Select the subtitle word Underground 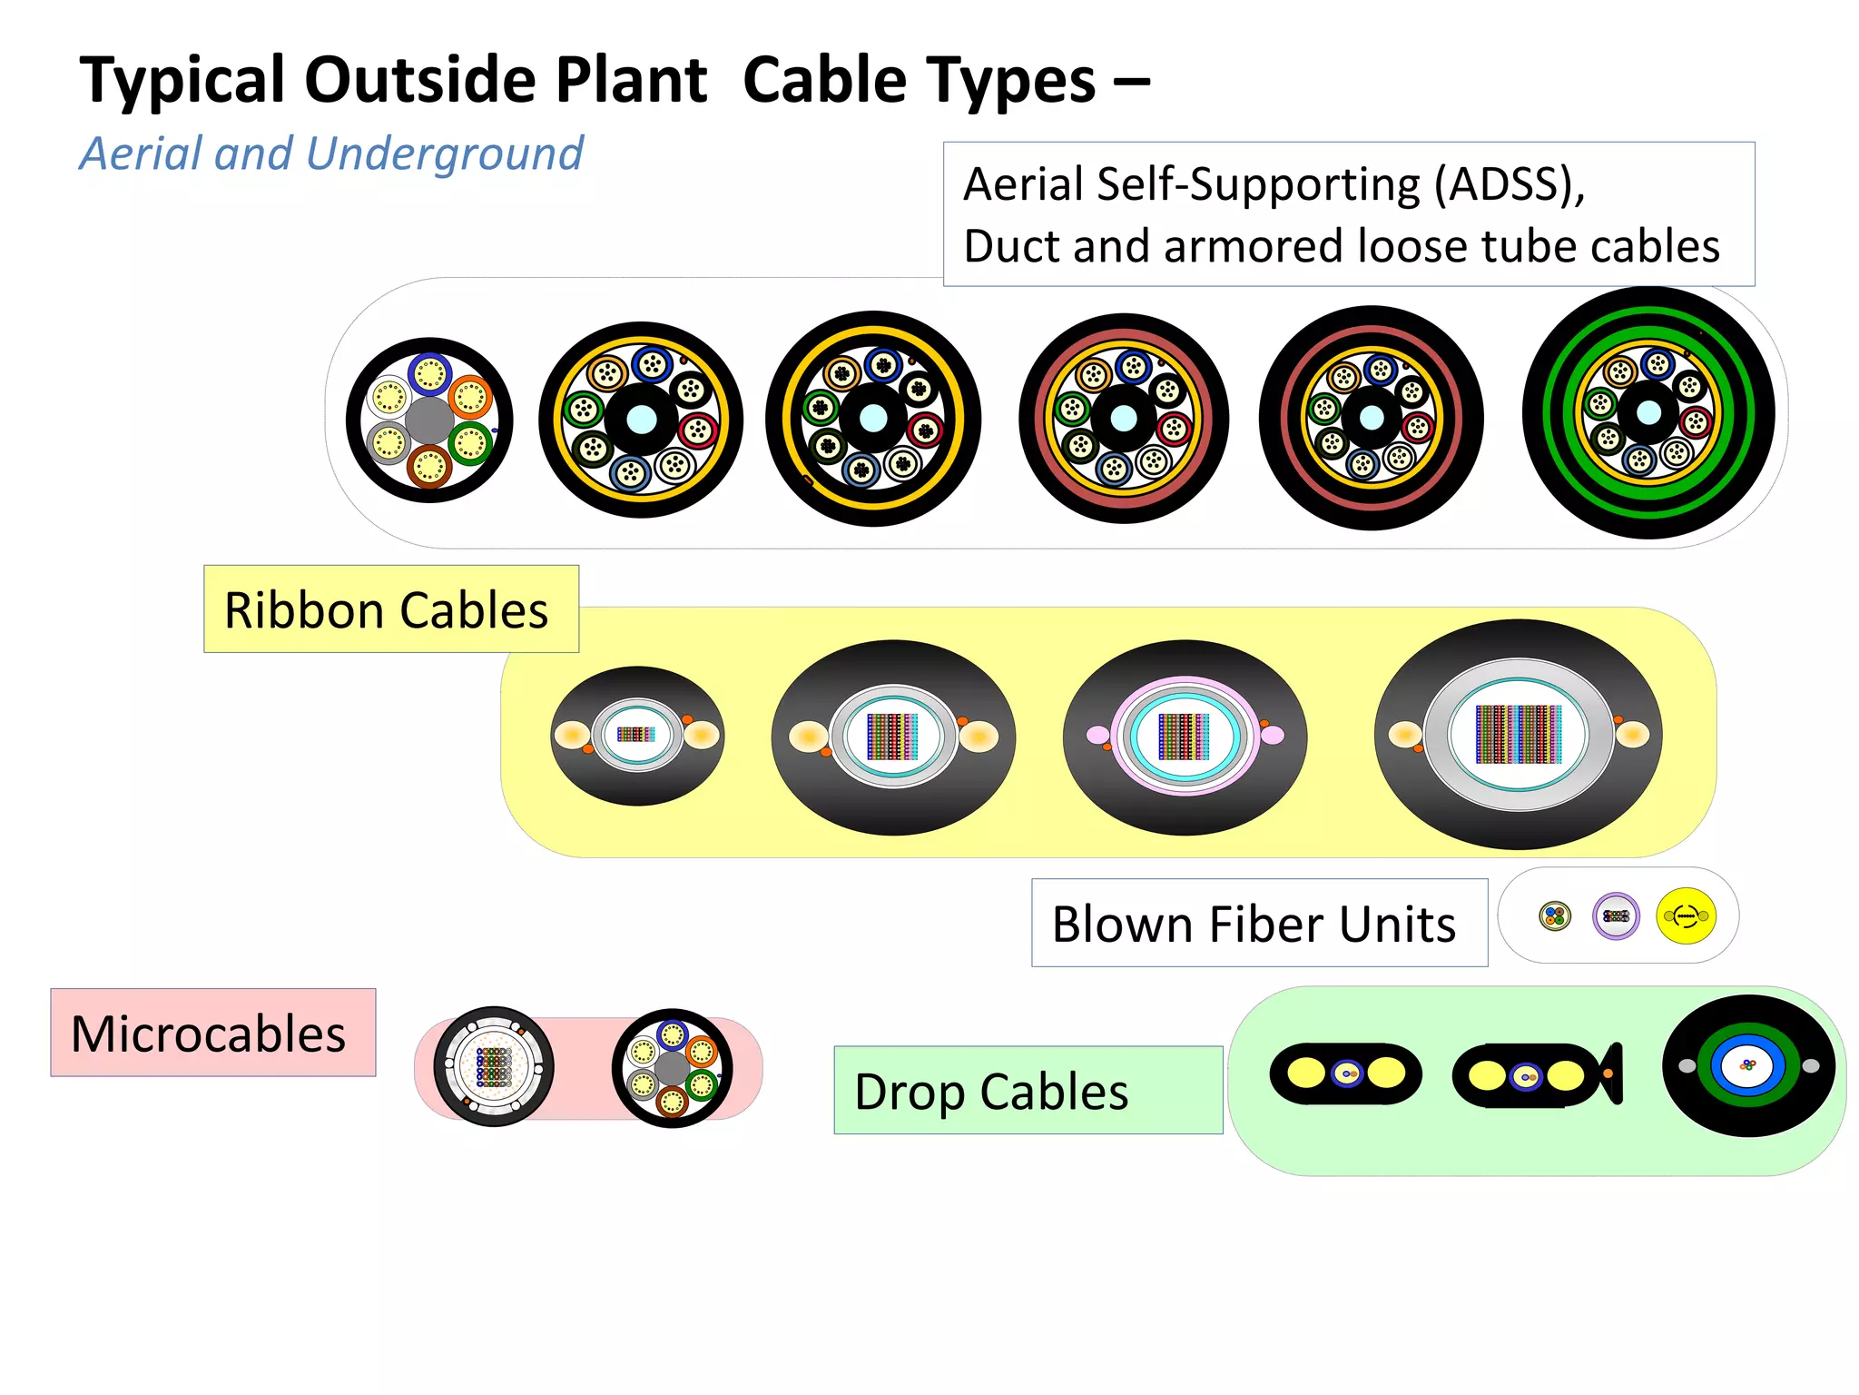tap(445, 154)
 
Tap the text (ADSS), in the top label tap(1509, 184)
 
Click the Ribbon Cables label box tap(390, 609)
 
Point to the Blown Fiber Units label tap(1257, 924)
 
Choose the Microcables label tap(212, 1034)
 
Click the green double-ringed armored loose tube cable tap(1648, 413)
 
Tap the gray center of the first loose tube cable tap(429, 420)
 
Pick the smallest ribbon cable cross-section tap(637, 736)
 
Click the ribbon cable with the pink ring tap(1185, 737)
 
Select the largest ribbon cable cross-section tap(1518, 734)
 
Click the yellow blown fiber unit tap(1686, 915)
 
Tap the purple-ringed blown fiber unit tap(1616, 915)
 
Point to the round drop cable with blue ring tap(1748, 1065)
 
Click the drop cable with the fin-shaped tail tap(1536, 1076)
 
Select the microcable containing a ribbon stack tap(494, 1066)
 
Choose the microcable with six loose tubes tap(672, 1068)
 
